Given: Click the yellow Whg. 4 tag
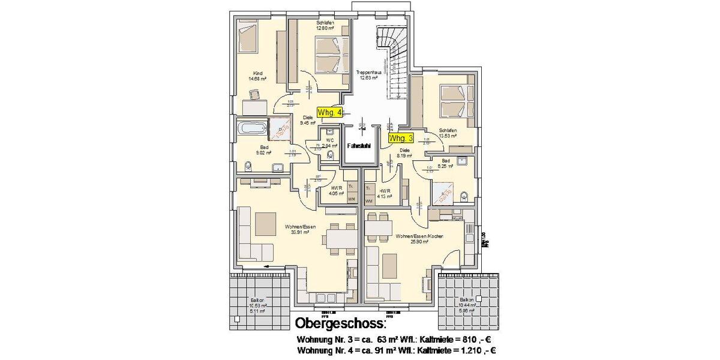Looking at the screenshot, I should [x=329, y=112].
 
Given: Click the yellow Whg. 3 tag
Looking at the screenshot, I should [x=401, y=138].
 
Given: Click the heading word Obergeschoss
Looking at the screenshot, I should [x=339, y=325].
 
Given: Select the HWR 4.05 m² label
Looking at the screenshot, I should [x=336, y=190].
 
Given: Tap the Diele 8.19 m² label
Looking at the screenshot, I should [x=405, y=152].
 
